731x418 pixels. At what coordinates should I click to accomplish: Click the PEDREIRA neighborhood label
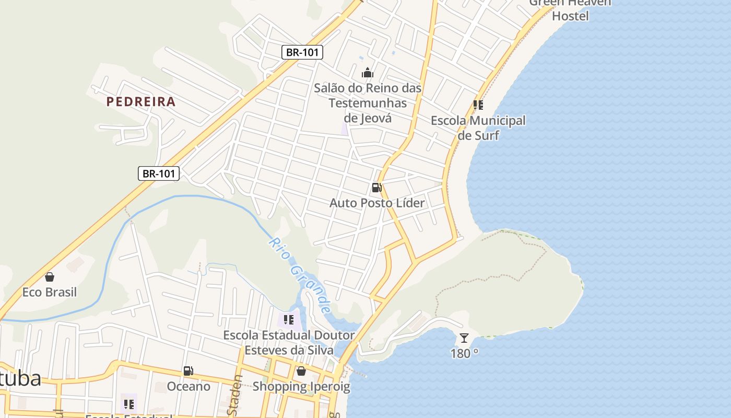[141, 101]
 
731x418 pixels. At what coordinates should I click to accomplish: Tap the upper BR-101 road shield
[302, 52]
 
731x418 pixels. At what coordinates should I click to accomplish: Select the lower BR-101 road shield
[159, 173]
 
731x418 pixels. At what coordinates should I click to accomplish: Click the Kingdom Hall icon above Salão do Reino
[368, 73]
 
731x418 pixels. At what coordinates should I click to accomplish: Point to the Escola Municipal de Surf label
[478, 128]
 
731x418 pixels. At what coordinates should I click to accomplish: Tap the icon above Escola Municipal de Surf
[478, 105]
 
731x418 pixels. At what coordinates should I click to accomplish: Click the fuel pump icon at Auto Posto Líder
[376, 188]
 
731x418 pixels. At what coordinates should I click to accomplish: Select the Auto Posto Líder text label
[377, 203]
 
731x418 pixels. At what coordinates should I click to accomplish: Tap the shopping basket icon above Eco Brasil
[50, 277]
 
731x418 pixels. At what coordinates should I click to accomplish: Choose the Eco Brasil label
[50, 292]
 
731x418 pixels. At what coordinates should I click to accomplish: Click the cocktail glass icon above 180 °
[464, 338]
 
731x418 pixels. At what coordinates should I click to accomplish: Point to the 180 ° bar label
[464, 354]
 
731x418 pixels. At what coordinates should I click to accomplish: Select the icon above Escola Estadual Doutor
[289, 319]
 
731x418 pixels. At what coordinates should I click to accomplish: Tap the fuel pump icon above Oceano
[188, 371]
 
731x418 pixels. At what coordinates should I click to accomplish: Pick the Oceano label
[188, 387]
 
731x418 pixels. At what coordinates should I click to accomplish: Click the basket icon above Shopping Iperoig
[301, 371]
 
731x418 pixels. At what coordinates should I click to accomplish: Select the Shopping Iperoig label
[301, 387]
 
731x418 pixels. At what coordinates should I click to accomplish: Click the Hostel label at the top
[570, 16]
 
